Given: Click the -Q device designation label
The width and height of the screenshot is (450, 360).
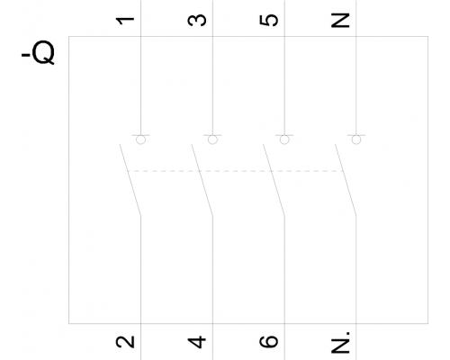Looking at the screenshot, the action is click(38, 53).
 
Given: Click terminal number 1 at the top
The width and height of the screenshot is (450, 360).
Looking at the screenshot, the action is click(125, 21).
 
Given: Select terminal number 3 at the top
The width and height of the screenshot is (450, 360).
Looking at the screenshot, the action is click(197, 21).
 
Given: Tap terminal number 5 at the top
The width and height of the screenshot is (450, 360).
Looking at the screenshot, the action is click(268, 21).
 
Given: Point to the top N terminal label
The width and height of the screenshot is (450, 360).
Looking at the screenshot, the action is click(340, 21).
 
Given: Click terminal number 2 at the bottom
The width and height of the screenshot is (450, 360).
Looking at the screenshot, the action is click(125, 342).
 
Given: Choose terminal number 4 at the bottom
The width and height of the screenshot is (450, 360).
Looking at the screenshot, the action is click(197, 342).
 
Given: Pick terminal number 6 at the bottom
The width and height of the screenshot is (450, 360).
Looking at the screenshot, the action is click(268, 342).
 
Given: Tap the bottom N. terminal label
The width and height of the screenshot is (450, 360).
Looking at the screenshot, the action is click(340, 342).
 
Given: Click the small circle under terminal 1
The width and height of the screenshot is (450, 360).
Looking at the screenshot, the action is click(140, 139).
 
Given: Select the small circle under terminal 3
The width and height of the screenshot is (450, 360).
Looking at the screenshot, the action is click(212, 139).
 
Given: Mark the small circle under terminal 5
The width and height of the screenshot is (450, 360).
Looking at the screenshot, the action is click(284, 139).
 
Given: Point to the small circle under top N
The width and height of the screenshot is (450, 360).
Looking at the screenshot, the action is click(356, 139).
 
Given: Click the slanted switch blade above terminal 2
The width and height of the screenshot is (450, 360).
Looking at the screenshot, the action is click(130, 179).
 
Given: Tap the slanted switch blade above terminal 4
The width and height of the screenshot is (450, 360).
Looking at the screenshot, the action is click(202, 179).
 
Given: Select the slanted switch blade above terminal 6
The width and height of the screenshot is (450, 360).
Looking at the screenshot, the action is click(274, 179).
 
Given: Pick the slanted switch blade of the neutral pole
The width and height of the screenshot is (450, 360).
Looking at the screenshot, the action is click(346, 179).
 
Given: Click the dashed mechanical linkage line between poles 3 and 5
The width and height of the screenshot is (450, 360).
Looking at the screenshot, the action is click(235, 171).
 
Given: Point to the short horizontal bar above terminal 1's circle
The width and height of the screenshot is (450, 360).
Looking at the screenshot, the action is click(140, 135).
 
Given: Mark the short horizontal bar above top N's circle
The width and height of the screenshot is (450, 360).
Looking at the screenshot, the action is click(356, 135).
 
